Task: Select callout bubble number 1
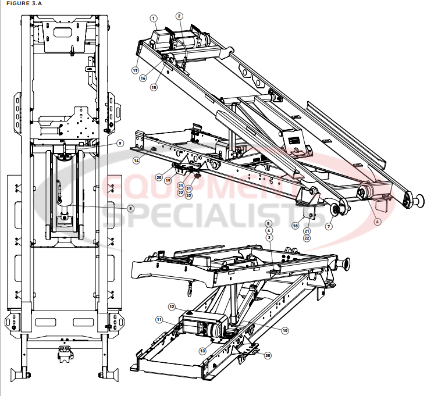(x=154, y=19)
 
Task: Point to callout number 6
(x=377, y=222)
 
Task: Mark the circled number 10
(x=285, y=330)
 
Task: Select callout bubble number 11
(x=158, y=319)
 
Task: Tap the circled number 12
(x=172, y=306)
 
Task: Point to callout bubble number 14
(x=136, y=160)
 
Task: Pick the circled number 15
(x=154, y=87)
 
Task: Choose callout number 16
(x=143, y=78)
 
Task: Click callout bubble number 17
(x=135, y=70)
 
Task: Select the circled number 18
(x=296, y=226)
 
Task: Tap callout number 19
(x=167, y=181)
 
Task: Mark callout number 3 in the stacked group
(x=269, y=238)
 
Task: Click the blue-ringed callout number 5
(x=269, y=223)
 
